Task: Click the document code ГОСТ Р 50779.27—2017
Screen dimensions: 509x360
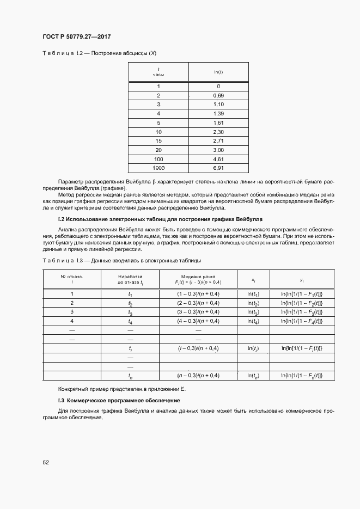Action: (x=76, y=37)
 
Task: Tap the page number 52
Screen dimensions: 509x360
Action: (x=46, y=462)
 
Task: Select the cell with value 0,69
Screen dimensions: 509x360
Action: (x=218, y=95)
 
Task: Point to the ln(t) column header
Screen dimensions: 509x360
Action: (x=218, y=72)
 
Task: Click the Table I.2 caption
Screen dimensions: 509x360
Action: (x=100, y=53)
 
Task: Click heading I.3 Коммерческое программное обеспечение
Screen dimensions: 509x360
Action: (x=119, y=400)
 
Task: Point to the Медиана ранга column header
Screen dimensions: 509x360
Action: (x=198, y=279)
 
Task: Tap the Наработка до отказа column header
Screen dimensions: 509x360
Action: (x=130, y=279)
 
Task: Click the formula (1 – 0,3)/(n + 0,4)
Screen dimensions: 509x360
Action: (x=198, y=294)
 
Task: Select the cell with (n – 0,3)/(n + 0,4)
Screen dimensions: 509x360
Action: (x=198, y=376)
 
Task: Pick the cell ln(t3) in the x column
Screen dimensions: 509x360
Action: (x=253, y=311)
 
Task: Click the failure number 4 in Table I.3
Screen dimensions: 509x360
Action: (x=72, y=321)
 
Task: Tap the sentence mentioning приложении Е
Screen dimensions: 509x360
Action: (x=122, y=390)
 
